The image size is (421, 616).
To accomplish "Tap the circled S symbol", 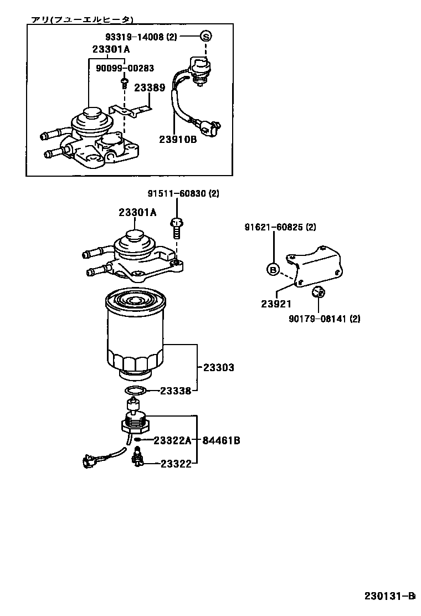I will [x=206, y=37].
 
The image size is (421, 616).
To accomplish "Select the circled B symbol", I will [x=273, y=269].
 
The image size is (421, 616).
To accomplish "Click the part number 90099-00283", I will [x=125, y=68].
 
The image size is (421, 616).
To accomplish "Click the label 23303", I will [x=218, y=367].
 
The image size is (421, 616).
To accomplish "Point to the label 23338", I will [x=176, y=391].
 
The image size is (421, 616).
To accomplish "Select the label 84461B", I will [x=221, y=440].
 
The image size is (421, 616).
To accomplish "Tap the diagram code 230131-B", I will [x=389, y=596].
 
